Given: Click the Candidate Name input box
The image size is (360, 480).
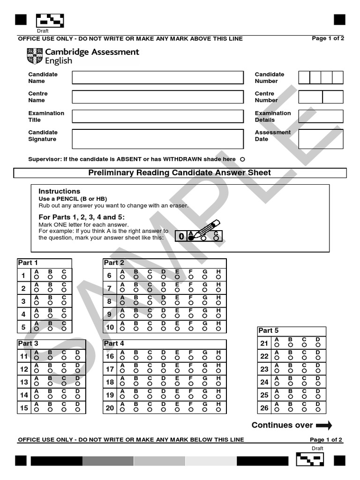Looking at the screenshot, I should pyautogui.click(x=157, y=77).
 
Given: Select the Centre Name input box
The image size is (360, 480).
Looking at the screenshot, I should pyautogui.click(x=157, y=97).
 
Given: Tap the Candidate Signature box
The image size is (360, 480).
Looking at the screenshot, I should pyautogui.click(x=157, y=139).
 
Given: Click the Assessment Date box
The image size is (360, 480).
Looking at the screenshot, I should pyautogui.click(x=321, y=139).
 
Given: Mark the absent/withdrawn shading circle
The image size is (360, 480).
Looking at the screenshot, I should pyautogui.click(x=242, y=159).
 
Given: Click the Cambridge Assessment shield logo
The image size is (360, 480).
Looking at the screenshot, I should pyautogui.click(x=35, y=56).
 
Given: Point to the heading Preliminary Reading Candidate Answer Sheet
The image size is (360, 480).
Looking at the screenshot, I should pyautogui.click(x=180, y=173).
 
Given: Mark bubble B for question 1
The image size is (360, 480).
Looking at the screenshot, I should pyautogui.click(x=50, y=277).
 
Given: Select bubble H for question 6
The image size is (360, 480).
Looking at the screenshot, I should pyautogui.click(x=218, y=277).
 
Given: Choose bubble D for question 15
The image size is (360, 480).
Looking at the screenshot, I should pyautogui.click(x=77, y=410).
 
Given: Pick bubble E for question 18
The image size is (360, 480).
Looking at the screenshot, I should pyautogui.click(x=177, y=384).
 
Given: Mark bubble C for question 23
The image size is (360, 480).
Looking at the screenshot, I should pyautogui.click(x=304, y=371).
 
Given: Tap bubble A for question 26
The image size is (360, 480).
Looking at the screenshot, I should pyautogui.click(x=277, y=410).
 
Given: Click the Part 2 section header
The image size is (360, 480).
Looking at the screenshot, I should pyautogui.click(x=114, y=263).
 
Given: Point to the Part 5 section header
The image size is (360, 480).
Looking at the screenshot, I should pyautogui.click(x=269, y=331).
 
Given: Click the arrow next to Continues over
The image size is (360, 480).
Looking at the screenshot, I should pyautogui.click(x=324, y=426).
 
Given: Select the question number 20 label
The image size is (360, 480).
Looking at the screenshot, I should pyautogui.click(x=110, y=408).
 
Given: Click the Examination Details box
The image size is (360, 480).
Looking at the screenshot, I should pyautogui.click(x=321, y=116).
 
